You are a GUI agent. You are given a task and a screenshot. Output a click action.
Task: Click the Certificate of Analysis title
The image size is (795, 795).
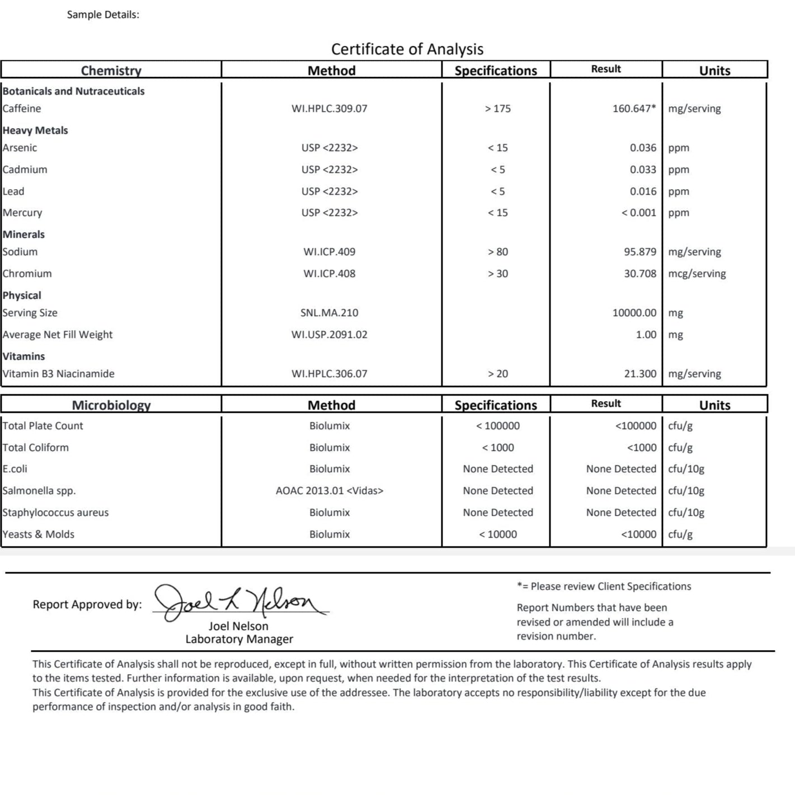pyautogui.click(x=407, y=49)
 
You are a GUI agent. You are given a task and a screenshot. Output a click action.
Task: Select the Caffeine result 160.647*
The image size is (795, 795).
pyautogui.click(x=634, y=109)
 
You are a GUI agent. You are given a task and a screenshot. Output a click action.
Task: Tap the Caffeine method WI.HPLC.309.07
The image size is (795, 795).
pyautogui.click(x=329, y=109)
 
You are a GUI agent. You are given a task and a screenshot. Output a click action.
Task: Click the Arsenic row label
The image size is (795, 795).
pyautogui.click(x=20, y=148)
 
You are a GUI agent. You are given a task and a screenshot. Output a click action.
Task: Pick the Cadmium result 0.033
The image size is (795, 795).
pyautogui.click(x=643, y=170)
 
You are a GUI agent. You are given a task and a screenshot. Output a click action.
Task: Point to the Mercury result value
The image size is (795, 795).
pyautogui.click(x=638, y=213)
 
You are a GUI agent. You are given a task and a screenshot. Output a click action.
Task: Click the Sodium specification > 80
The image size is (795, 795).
pyautogui.click(x=497, y=252)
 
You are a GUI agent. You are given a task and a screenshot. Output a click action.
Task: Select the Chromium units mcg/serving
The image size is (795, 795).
pyautogui.click(x=697, y=274)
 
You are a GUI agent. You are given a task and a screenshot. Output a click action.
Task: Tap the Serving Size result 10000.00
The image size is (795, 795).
pyautogui.click(x=634, y=313)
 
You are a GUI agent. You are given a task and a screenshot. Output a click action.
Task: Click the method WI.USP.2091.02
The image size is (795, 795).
pyautogui.click(x=329, y=335)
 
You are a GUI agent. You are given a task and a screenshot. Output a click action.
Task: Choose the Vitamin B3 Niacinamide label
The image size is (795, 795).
pyautogui.click(x=58, y=374)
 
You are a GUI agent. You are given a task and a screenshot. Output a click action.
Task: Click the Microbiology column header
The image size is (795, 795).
pyautogui.click(x=111, y=405)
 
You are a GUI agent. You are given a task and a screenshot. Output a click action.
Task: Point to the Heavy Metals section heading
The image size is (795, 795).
pyautogui.click(x=35, y=130)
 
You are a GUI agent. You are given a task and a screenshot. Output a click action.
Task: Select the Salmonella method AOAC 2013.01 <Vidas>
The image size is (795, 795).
pyautogui.click(x=329, y=491)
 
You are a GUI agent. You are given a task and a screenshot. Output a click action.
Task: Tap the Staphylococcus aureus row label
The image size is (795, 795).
pyautogui.click(x=55, y=512)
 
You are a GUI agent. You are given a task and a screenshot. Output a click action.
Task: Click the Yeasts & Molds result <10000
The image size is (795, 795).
pyautogui.click(x=638, y=534)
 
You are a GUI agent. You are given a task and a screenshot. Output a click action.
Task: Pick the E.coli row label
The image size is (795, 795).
pyautogui.click(x=15, y=469)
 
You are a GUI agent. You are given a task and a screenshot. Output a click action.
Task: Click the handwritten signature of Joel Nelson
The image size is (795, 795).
pyautogui.click(x=241, y=602)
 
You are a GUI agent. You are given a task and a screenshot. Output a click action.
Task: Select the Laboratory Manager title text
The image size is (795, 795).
pyautogui.click(x=239, y=639)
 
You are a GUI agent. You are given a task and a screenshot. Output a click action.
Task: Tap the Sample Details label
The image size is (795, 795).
pyautogui.click(x=103, y=15)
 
